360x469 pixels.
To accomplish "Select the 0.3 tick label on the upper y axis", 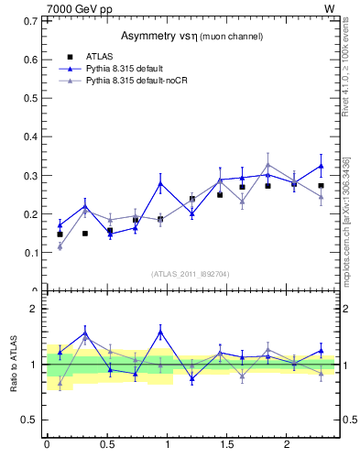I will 29,175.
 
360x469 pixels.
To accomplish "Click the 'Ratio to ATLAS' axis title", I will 12,364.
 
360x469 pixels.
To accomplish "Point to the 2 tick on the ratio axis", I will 33,309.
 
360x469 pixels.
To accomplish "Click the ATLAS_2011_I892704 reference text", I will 191,274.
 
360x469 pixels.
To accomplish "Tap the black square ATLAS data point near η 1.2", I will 192,199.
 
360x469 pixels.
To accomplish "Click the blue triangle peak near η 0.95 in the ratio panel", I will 160,332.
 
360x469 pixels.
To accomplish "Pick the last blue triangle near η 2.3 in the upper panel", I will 321,166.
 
